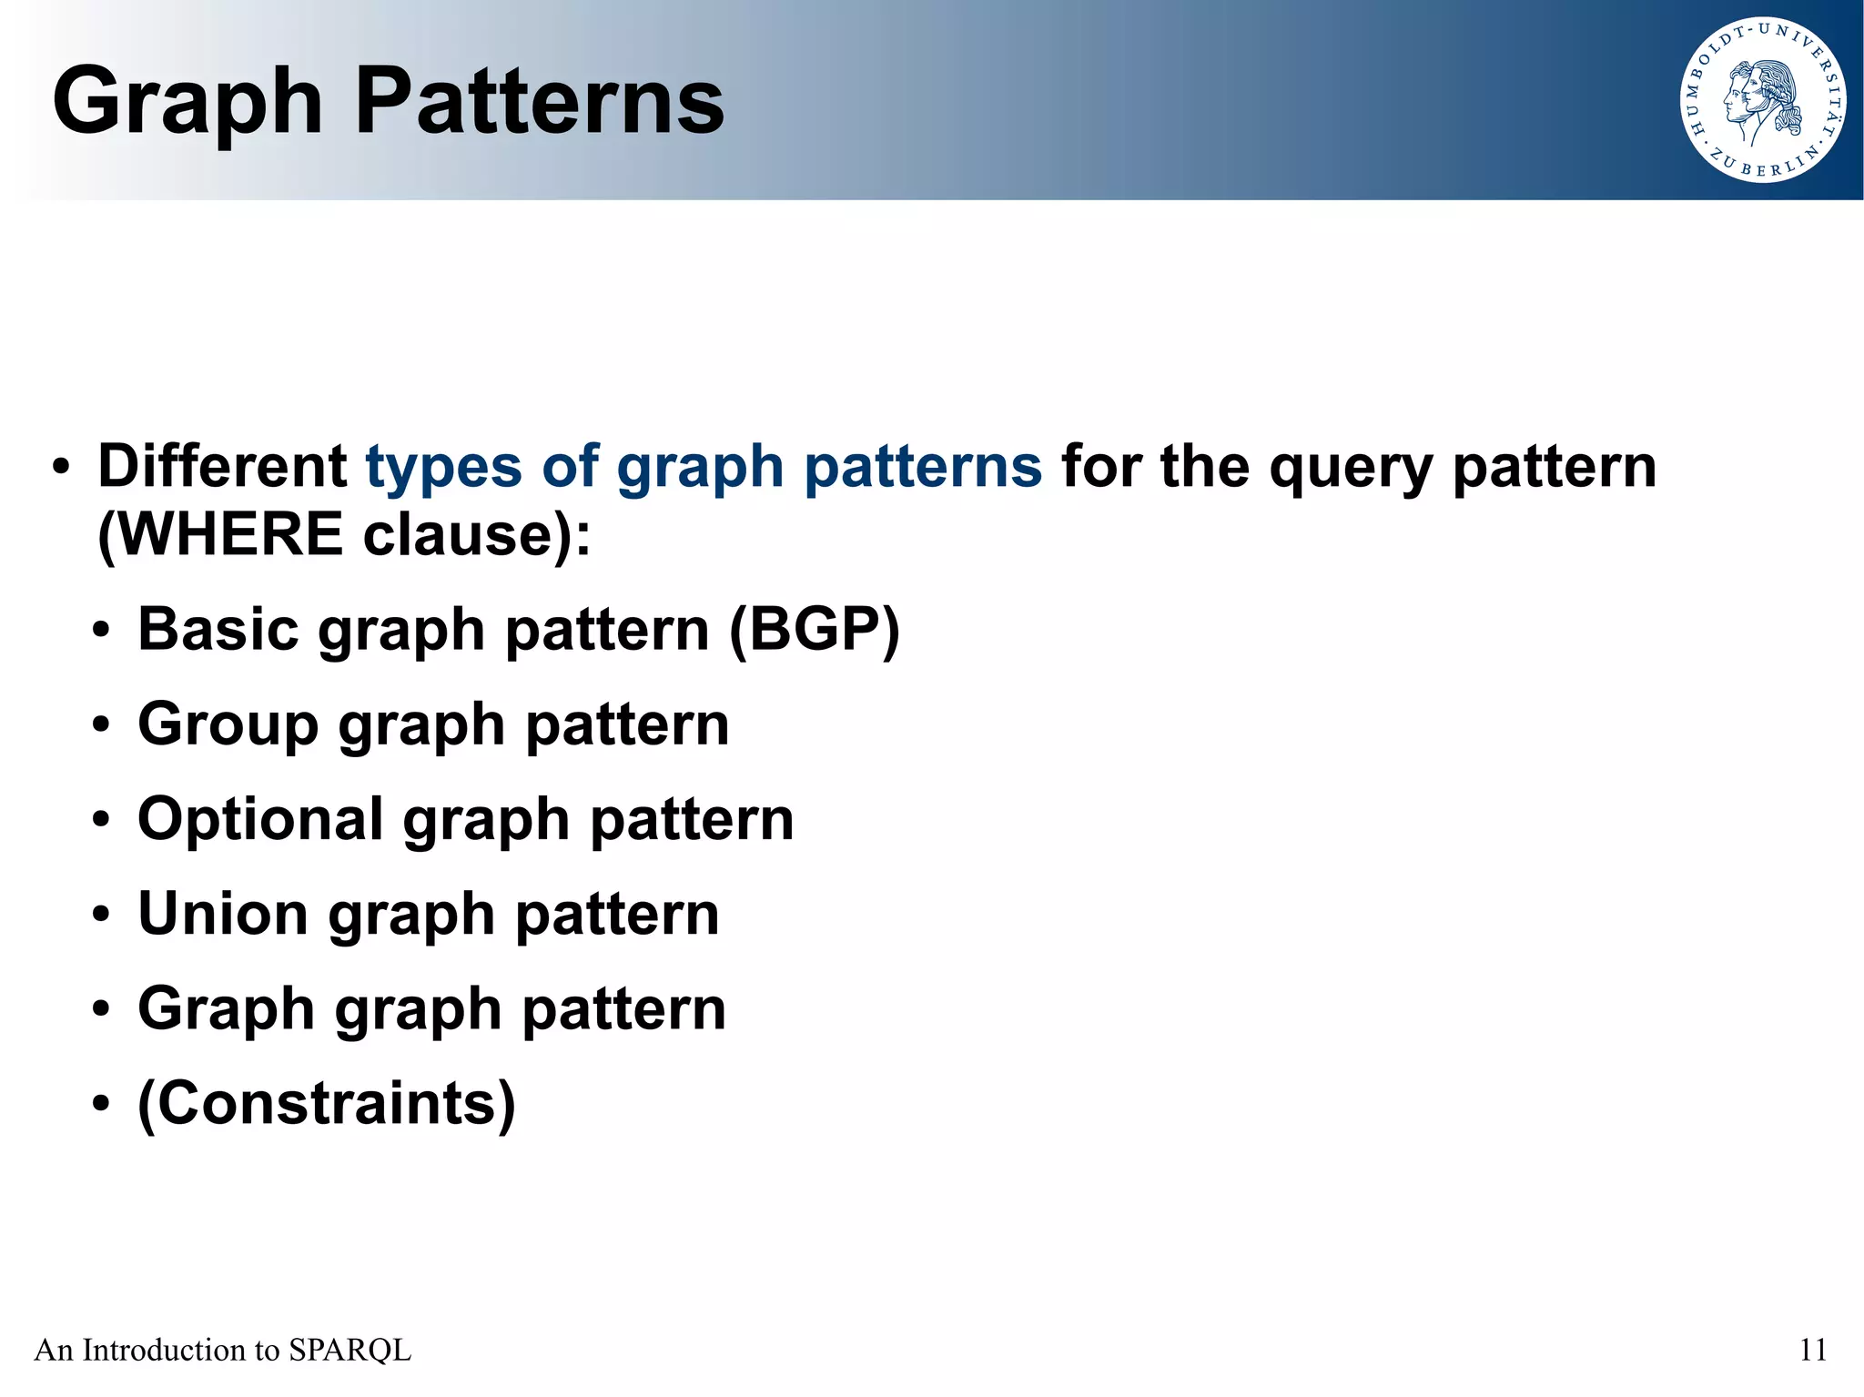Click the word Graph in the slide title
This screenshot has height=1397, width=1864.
click(x=187, y=102)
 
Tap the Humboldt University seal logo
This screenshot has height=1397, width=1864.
click(x=1762, y=100)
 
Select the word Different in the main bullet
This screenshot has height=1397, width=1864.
click(x=221, y=466)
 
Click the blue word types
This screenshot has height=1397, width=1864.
click(x=443, y=468)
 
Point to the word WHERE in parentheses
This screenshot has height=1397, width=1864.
click(x=229, y=534)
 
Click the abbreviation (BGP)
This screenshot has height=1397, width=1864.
click(x=814, y=629)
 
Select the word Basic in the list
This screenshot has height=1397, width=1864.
click(x=218, y=629)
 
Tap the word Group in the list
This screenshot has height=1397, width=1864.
click(x=228, y=725)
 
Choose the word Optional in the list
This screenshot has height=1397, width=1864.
click(x=259, y=820)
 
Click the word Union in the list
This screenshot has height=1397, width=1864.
click(x=223, y=914)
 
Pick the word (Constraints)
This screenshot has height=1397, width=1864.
click(x=326, y=1104)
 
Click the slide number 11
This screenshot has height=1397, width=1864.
click(x=1812, y=1350)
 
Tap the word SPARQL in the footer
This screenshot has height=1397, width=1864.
click(x=349, y=1350)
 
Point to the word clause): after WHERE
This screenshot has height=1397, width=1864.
click(x=476, y=534)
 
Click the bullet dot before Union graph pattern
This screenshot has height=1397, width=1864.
click(x=101, y=916)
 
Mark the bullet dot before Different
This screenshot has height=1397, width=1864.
click(x=60, y=468)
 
